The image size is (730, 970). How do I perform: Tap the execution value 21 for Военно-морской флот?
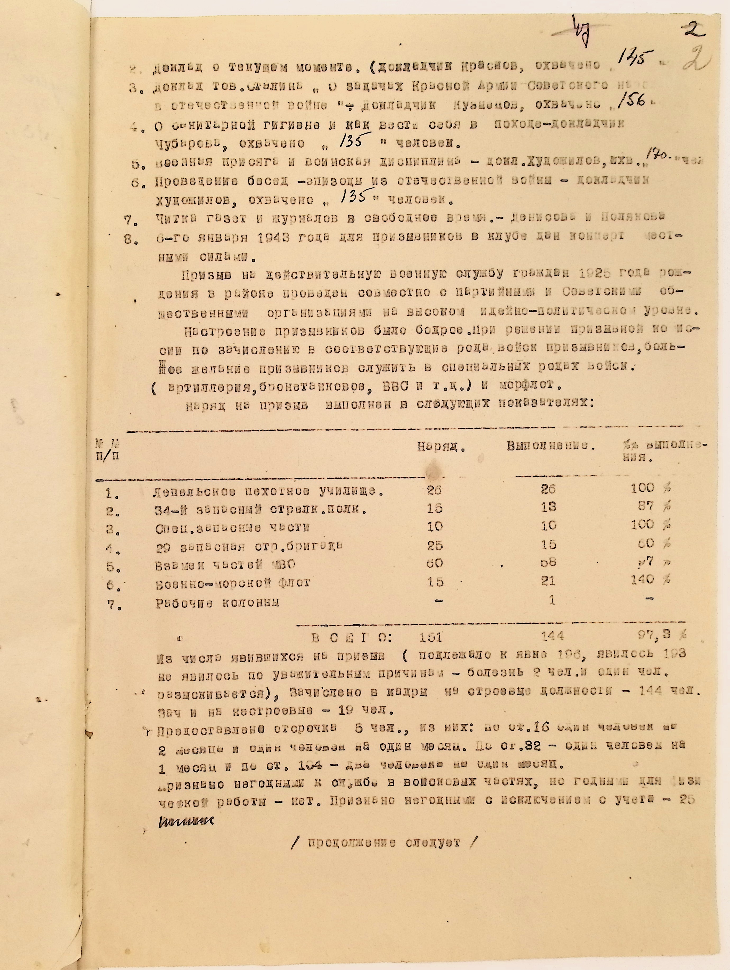click(548, 581)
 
